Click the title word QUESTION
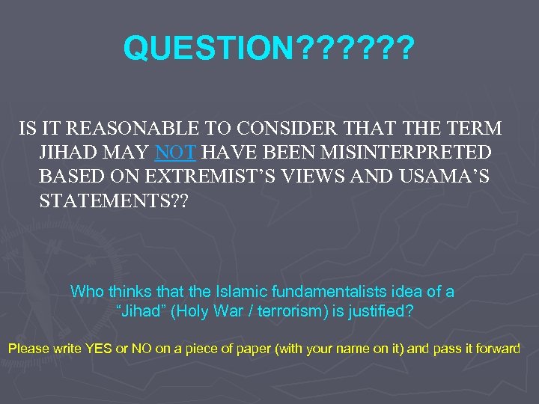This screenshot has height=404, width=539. point(210,49)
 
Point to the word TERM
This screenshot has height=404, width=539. point(471,129)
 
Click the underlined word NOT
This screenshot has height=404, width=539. point(175,153)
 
